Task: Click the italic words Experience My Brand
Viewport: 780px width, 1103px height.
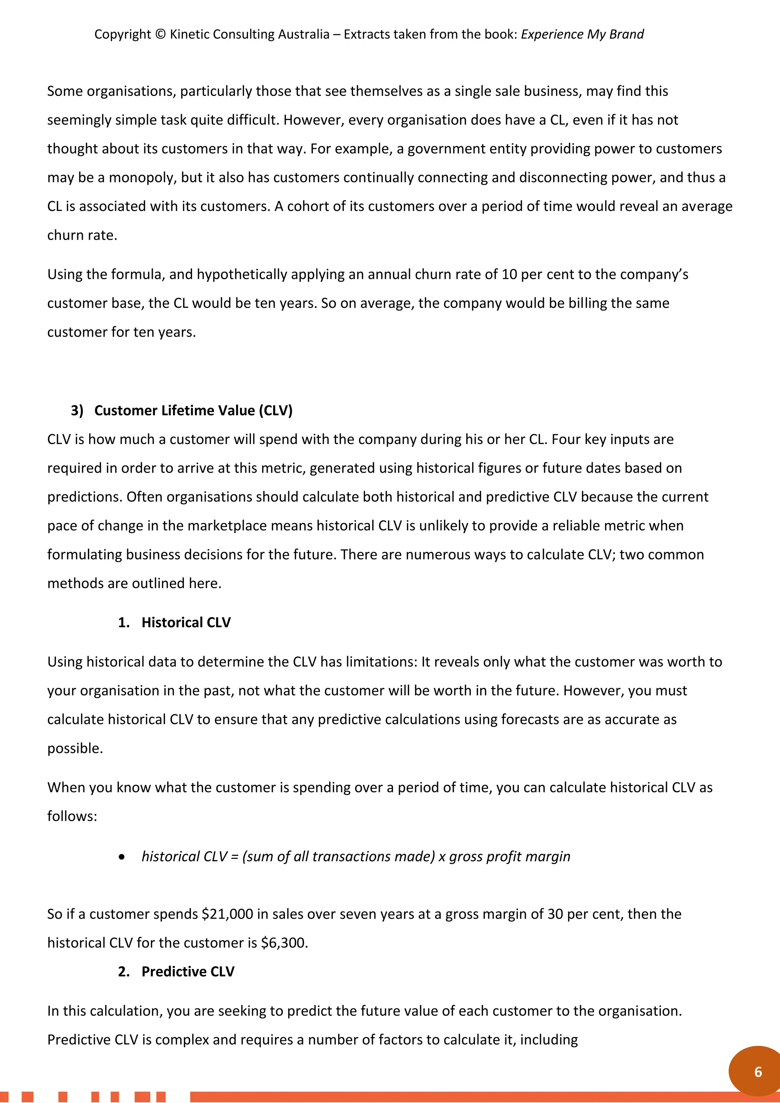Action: [x=582, y=35]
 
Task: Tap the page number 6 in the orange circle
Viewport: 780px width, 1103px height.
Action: [x=758, y=1072]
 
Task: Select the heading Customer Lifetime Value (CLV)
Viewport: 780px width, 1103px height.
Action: [x=193, y=410]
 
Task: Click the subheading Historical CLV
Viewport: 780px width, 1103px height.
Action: [x=186, y=623]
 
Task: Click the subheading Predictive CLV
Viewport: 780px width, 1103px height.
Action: [x=188, y=971]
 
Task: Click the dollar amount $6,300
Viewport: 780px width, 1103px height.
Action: [x=284, y=943]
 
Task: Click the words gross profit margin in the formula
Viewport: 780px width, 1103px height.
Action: [x=510, y=857]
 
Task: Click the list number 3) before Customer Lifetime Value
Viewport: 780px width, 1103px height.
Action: [x=77, y=410]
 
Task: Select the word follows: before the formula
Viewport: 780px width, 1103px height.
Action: [x=72, y=816]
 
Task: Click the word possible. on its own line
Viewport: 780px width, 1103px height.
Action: [x=75, y=748]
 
